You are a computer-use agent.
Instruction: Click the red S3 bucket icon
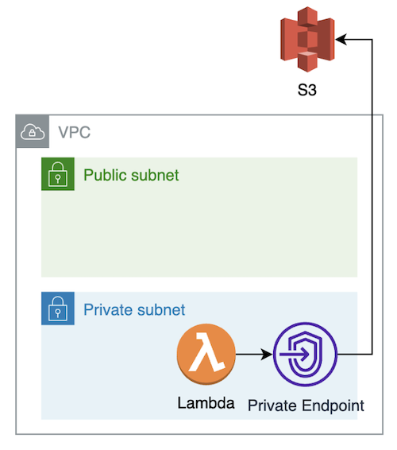307,39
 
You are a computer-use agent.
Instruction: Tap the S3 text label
307,90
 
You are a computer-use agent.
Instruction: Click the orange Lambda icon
206,354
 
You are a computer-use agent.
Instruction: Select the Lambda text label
206,403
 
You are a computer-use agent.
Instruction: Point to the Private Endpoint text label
306,406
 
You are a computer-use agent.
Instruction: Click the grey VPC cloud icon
33,132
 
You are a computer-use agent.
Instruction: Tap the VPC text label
75,132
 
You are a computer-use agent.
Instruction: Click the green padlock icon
58,174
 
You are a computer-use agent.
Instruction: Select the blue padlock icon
58,308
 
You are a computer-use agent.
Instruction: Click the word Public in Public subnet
104,175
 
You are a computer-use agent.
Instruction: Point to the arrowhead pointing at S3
341,39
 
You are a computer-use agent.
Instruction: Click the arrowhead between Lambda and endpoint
267,355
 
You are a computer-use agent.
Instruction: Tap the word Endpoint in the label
333,406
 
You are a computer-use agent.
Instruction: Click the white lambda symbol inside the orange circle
206,352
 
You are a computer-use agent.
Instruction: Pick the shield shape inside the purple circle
306,355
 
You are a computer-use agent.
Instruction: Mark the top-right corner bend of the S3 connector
372,39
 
